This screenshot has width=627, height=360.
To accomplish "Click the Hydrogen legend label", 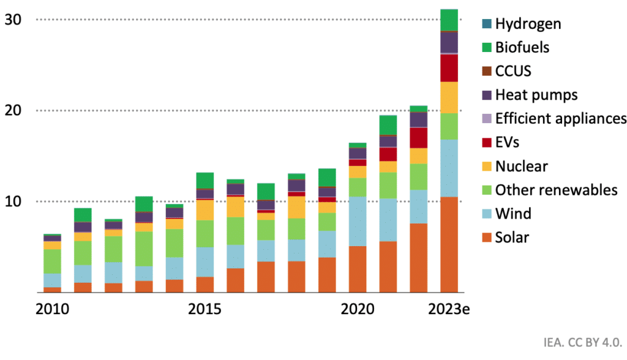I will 528,24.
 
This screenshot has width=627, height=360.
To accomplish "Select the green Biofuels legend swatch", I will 486,48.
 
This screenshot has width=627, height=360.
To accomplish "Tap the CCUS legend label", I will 513,71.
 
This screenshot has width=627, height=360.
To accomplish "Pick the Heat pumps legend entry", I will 536,95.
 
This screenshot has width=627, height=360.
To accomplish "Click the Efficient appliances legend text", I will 561,118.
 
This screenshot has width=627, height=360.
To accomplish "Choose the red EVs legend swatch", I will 486,143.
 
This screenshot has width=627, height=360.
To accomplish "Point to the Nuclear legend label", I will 521,166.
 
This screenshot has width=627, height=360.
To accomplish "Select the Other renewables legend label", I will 556,190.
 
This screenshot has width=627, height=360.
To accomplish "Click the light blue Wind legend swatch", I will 486,214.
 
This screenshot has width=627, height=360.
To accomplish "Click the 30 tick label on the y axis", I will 13,20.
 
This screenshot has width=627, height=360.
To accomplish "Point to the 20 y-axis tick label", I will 13,111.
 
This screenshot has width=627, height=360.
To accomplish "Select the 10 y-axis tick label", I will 13,201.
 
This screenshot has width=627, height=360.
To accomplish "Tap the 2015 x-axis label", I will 205,309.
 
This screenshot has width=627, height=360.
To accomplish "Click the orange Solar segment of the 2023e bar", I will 449,245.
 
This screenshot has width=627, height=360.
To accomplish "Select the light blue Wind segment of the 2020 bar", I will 358,221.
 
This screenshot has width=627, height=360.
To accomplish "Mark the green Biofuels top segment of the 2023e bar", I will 449,20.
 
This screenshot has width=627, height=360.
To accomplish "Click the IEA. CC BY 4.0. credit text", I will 582,342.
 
